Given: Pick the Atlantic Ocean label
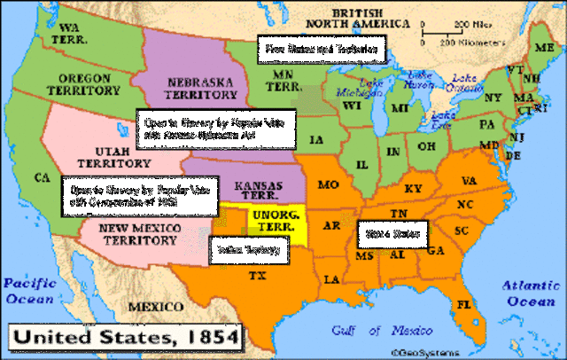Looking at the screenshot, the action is (530, 293).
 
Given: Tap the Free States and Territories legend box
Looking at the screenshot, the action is (322, 49).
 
